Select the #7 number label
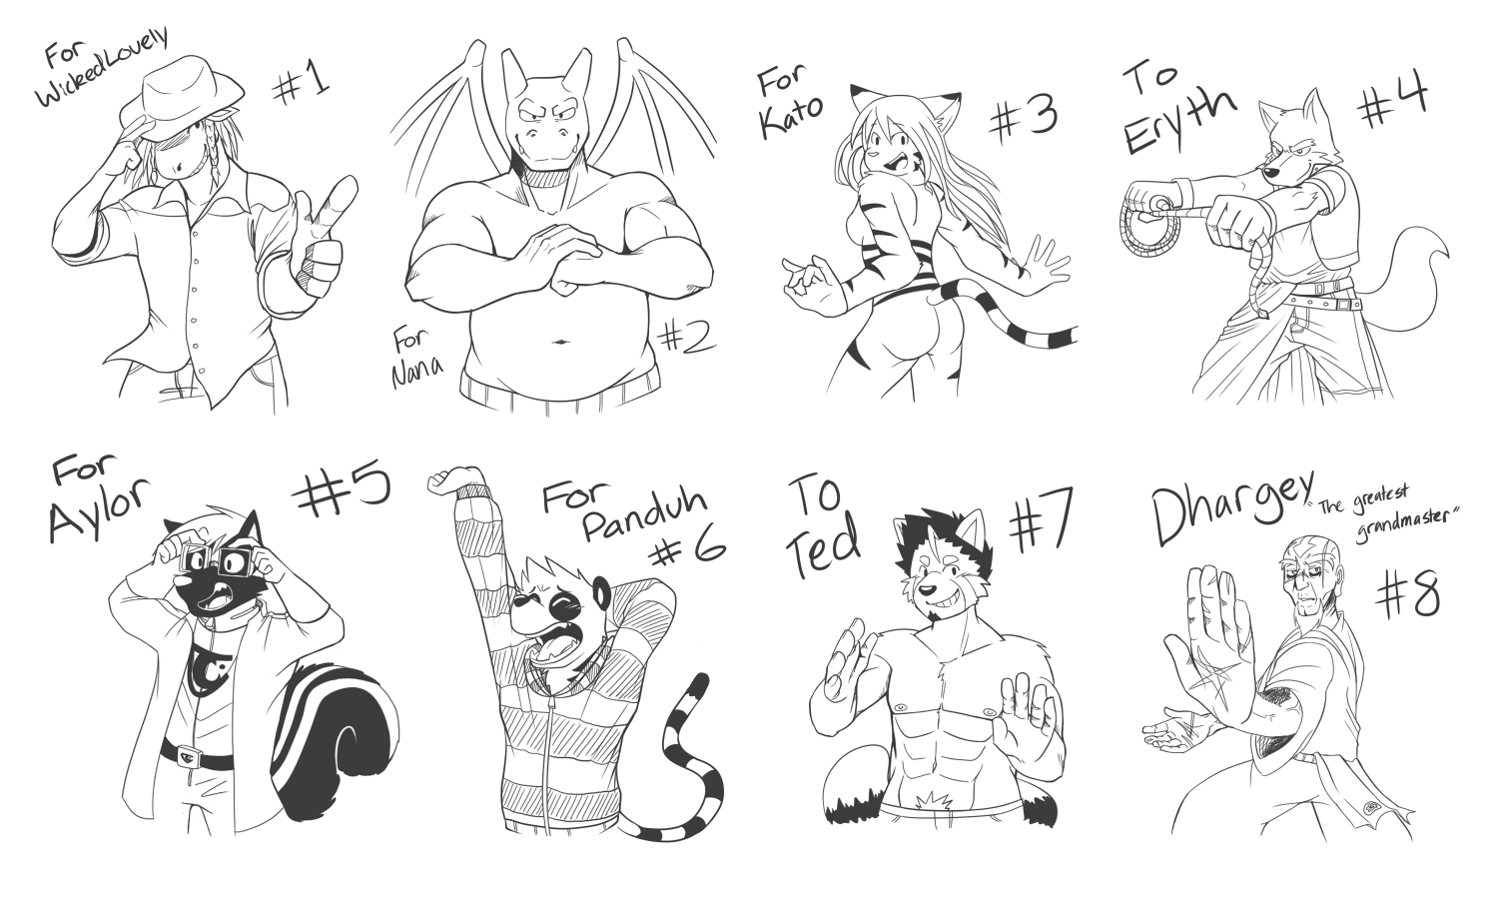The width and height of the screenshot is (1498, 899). click(1040, 521)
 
